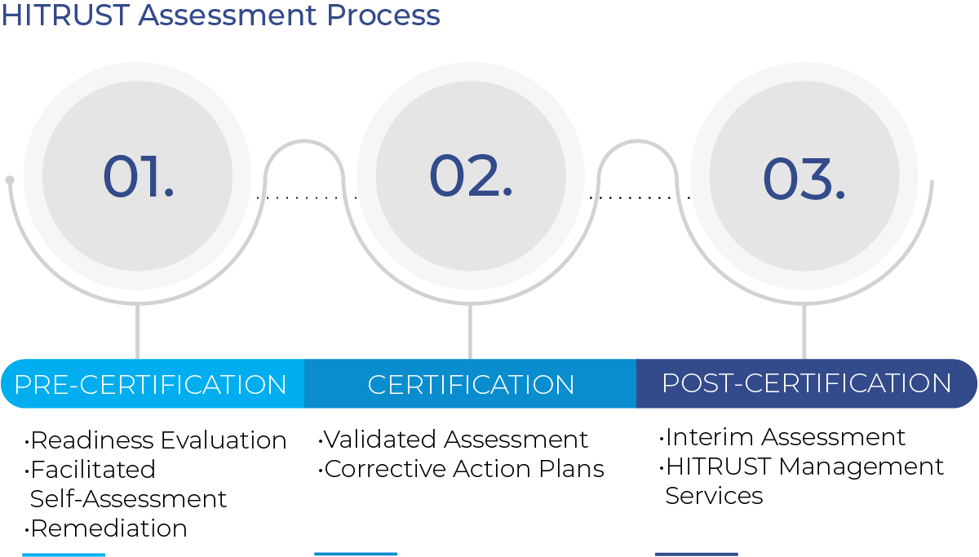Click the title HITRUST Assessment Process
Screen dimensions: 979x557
(220, 15)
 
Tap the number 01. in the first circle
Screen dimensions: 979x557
(138, 176)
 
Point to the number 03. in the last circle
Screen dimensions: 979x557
(804, 179)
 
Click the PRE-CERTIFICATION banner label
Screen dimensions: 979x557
(150, 384)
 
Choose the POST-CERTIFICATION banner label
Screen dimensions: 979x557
(806, 383)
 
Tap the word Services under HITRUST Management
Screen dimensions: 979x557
(714, 496)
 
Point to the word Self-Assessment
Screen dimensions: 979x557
(129, 499)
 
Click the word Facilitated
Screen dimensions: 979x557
(93, 470)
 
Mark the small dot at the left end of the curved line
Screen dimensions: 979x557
(10, 180)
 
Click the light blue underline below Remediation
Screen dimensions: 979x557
(64, 555)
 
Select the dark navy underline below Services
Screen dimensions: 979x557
(697, 555)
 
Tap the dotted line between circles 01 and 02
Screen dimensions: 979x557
(307, 198)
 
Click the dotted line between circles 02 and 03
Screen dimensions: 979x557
(640, 198)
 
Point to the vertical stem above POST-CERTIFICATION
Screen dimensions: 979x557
(804, 332)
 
